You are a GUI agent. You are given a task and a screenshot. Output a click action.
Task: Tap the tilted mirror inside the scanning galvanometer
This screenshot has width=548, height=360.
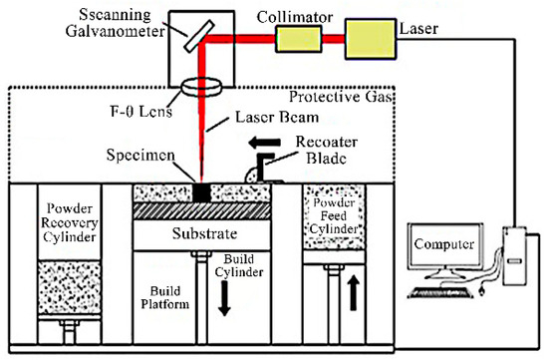(x=205, y=34)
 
